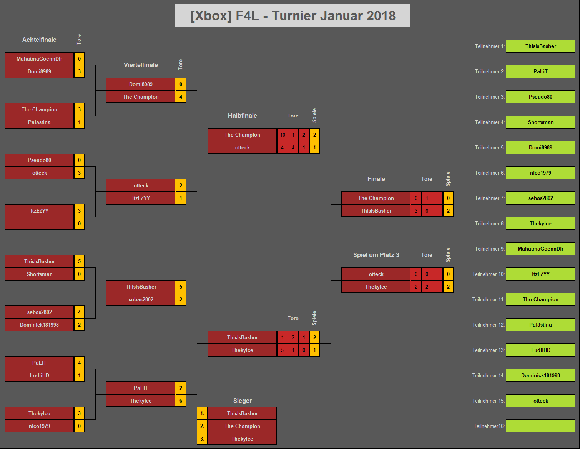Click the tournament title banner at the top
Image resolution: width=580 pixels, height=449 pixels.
pyautogui.click(x=292, y=15)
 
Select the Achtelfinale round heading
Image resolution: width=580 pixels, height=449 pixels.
pyautogui.click(x=39, y=40)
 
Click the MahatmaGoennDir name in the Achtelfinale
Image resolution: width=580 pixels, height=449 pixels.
pyautogui.click(x=39, y=59)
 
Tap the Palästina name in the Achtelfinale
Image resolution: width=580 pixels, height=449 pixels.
pyautogui.click(x=39, y=122)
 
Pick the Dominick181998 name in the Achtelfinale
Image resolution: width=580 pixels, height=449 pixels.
pyautogui.click(x=39, y=325)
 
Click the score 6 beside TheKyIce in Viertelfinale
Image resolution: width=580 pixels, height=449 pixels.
pyautogui.click(x=181, y=401)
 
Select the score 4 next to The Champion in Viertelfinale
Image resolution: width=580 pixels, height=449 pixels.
pyautogui.click(x=181, y=97)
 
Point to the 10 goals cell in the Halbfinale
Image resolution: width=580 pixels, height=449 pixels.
pyautogui.click(x=283, y=135)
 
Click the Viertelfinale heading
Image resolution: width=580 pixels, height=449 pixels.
pyautogui.click(x=141, y=65)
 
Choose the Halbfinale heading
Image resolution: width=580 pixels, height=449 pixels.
pyautogui.click(x=242, y=116)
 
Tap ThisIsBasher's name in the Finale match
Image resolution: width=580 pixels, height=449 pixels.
pyautogui.click(x=376, y=211)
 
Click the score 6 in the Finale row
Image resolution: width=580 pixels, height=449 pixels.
pyautogui.click(x=427, y=211)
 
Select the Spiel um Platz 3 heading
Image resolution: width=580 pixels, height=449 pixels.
pyautogui.click(x=376, y=255)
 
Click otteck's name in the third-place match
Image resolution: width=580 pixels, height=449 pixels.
pyautogui.click(x=376, y=274)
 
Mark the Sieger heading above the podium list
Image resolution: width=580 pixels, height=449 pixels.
pyautogui.click(x=242, y=401)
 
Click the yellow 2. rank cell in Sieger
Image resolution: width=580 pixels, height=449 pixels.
pyautogui.click(x=202, y=426)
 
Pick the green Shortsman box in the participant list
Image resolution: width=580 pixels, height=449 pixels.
pyautogui.click(x=540, y=122)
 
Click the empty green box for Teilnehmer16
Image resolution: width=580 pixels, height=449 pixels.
pyautogui.click(x=540, y=426)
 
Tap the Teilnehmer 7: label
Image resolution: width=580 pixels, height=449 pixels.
pyautogui.click(x=489, y=198)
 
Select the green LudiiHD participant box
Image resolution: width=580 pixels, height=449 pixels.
pyautogui.click(x=540, y=350)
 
